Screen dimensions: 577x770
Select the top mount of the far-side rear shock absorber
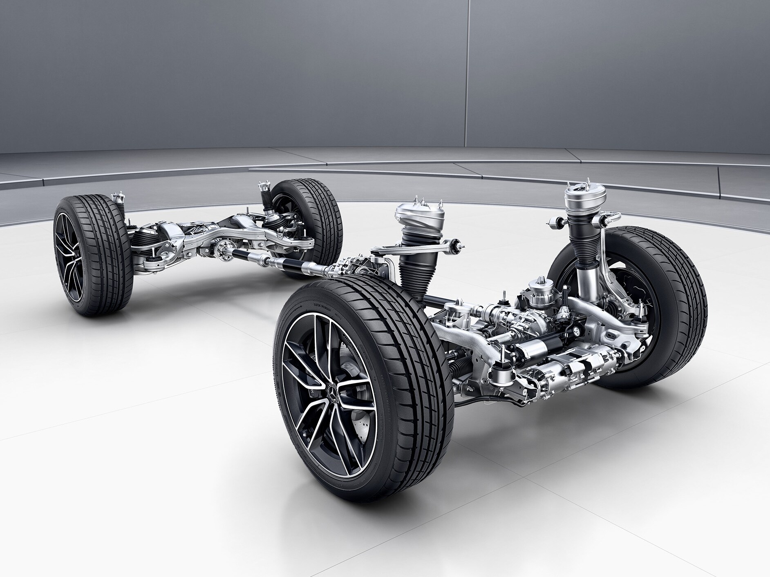pos(263,189)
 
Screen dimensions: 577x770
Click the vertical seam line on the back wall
pos(469,74)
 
